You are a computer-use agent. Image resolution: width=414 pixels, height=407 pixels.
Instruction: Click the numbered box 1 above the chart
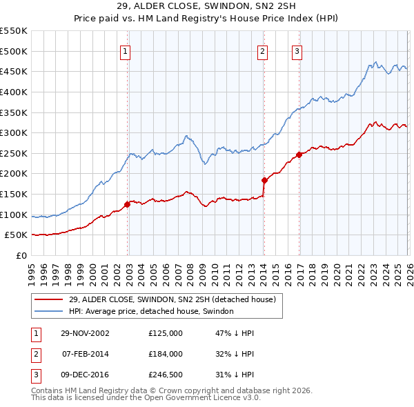click(x=125, y=50)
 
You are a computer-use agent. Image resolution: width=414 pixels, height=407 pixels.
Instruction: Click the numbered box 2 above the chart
click(x=263, y=50)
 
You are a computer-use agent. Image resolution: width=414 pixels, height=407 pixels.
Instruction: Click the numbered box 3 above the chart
click(x=297, y=50)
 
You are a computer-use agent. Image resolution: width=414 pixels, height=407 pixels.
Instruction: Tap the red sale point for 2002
click(x=128, y=204)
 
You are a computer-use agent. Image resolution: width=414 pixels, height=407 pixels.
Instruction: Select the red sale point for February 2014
click(x=264, y=180)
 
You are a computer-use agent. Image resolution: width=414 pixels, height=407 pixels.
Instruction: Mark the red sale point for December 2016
click(x=299, y=155)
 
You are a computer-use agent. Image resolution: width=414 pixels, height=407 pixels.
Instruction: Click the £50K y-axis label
click(x=17, y=235)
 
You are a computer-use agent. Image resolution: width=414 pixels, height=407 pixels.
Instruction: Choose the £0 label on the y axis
click(x=21, y=255)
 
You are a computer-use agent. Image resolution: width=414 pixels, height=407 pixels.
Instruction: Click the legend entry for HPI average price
click(x=151, y=311)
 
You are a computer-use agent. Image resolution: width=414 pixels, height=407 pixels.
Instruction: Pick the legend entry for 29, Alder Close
click(x=172, y=299)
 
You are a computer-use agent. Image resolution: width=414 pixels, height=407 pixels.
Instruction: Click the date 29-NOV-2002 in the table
click(x=86, y=332)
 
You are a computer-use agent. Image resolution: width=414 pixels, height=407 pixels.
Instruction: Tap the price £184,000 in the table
click(x=166, y=354)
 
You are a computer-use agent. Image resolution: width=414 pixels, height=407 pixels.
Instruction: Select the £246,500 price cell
click(x=166, y=375)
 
